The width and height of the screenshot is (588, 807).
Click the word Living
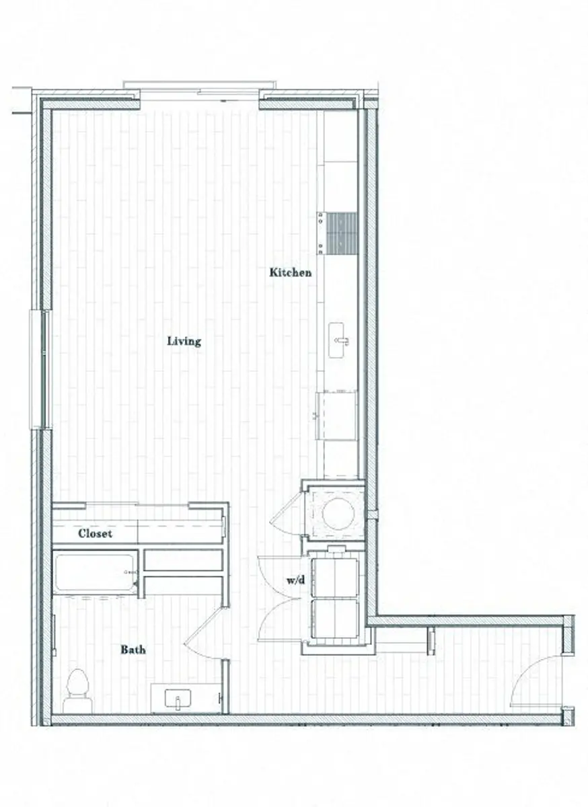pos(184,341)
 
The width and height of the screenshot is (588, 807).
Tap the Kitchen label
pos(290,272)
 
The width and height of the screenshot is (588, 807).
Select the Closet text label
pos(95,534)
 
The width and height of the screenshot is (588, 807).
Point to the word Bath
pos(133,650)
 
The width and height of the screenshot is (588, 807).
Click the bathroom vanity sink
pos(178,699)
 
